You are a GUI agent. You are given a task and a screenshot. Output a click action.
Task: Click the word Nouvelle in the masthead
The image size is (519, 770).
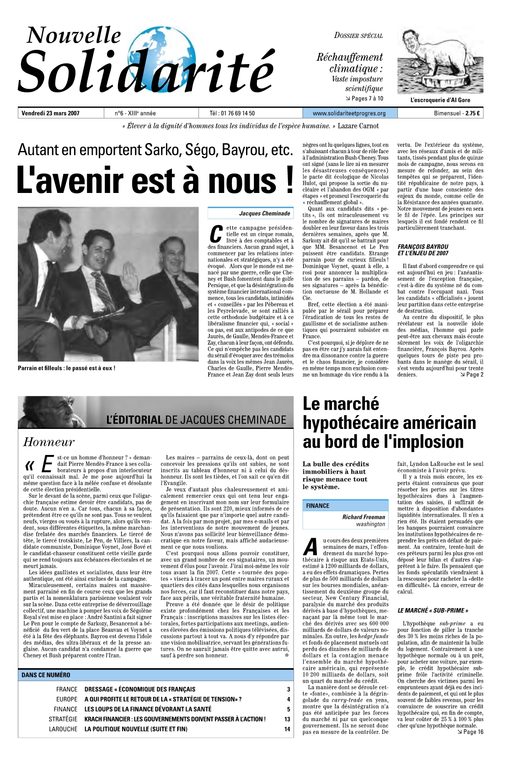click(x=74, y=35)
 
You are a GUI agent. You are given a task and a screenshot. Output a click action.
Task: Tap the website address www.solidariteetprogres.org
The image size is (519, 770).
click(x=349, y=113)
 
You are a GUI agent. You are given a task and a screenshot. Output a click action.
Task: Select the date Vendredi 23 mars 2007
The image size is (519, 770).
click(x=51, y=113)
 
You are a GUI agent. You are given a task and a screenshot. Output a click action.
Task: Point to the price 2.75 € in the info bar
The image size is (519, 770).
click(x=472, y=113)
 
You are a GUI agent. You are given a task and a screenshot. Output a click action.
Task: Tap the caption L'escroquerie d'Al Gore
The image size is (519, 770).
click(x=440, y=100)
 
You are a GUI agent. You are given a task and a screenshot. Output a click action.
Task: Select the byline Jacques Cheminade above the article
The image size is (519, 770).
click(x=264, y=214)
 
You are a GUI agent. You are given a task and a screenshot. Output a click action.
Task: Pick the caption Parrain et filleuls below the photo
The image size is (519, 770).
click(x=66, y=368)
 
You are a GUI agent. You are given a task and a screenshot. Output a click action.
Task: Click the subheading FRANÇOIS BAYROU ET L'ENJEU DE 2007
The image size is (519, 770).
click(x=423, y=250)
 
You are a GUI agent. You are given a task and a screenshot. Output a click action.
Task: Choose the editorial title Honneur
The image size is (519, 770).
click(x=48, y=442)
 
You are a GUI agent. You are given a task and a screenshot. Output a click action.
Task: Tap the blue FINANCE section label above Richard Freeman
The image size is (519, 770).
click(x=318, y=506)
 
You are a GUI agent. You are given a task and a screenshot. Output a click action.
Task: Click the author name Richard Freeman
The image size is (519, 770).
click(x=364, y=517)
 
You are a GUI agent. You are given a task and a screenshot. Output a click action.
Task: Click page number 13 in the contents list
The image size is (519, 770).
click(x=287, y=719)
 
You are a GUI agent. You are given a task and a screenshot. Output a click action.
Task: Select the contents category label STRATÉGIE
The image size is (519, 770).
click(x=63, y=719)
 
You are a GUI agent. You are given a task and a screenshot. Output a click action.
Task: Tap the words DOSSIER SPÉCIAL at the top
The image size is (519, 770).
click(x=358, y=36)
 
